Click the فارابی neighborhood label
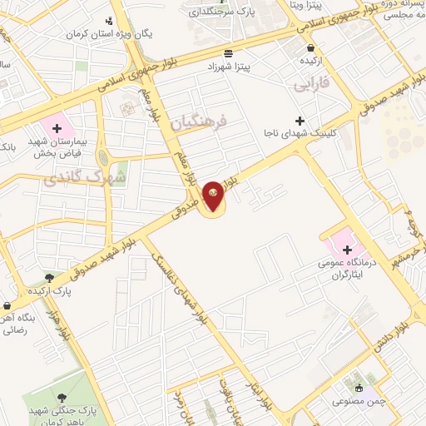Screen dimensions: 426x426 tap(313, 84)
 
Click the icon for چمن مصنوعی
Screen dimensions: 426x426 tap(359, 388)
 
